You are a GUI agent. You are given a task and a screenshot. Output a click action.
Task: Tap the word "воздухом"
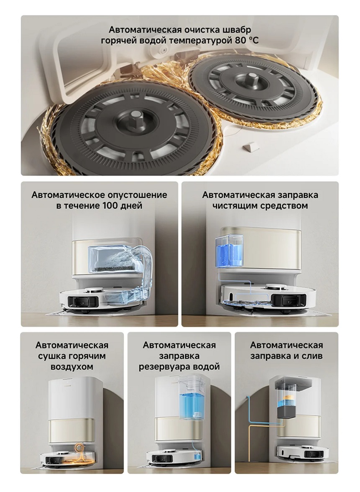[72, 367]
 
